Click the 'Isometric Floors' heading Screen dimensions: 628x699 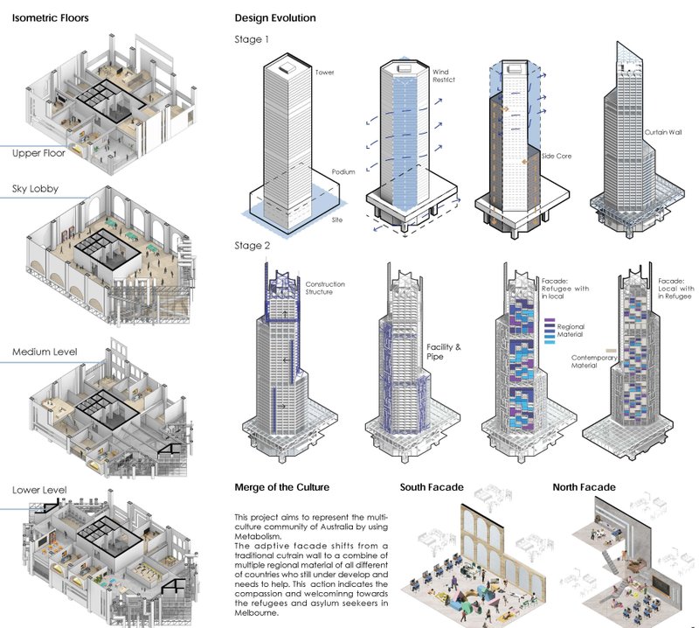[50, 18]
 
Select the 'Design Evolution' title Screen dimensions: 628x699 [275, 18]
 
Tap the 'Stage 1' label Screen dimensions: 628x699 [253, 39]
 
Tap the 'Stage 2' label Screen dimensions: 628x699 [253, 246]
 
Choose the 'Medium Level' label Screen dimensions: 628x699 [45, 352]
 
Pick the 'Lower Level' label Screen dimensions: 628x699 [39, 490]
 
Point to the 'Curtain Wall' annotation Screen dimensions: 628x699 [661, 134]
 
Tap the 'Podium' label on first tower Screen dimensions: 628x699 [343, 172]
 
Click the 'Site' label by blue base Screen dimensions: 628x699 [337, 220]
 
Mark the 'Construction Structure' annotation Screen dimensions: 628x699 [325, 290]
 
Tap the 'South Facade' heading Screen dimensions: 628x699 [432, 487]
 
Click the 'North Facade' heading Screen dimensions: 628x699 [585, 487]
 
